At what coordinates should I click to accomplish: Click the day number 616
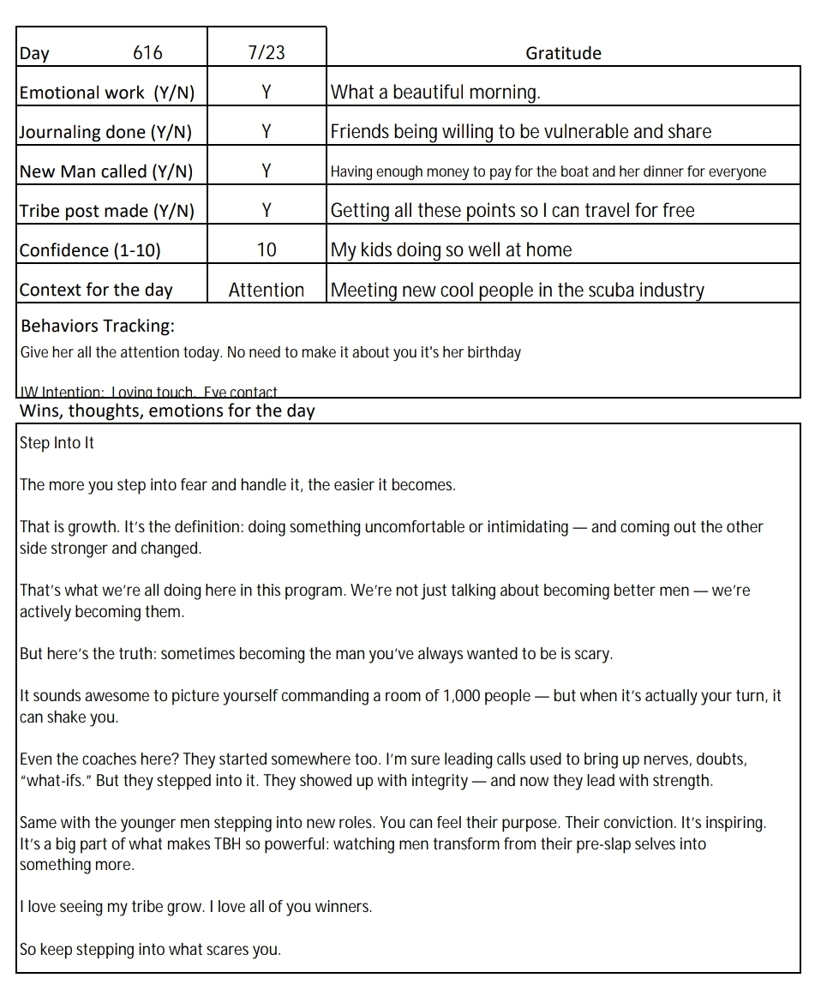click(x=147, y=53)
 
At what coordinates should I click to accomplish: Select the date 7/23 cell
click(x=267, y=53)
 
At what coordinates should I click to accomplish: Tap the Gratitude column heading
click(x=563, y=53)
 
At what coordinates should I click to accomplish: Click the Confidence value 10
click(x=267, y=250)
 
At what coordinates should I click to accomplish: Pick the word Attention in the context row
click(x=267, y=291)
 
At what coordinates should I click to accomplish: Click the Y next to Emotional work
click(x=267, y=93)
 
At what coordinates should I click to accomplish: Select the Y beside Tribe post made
click(x=267, y=211)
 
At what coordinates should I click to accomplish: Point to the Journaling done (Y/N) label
click(x=105, y=132)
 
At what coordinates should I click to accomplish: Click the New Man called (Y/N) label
click(x=106, y=171)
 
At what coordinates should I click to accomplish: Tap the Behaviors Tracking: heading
click(x=98, y=327)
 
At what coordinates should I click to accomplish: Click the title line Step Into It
click(x=57, y=443)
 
